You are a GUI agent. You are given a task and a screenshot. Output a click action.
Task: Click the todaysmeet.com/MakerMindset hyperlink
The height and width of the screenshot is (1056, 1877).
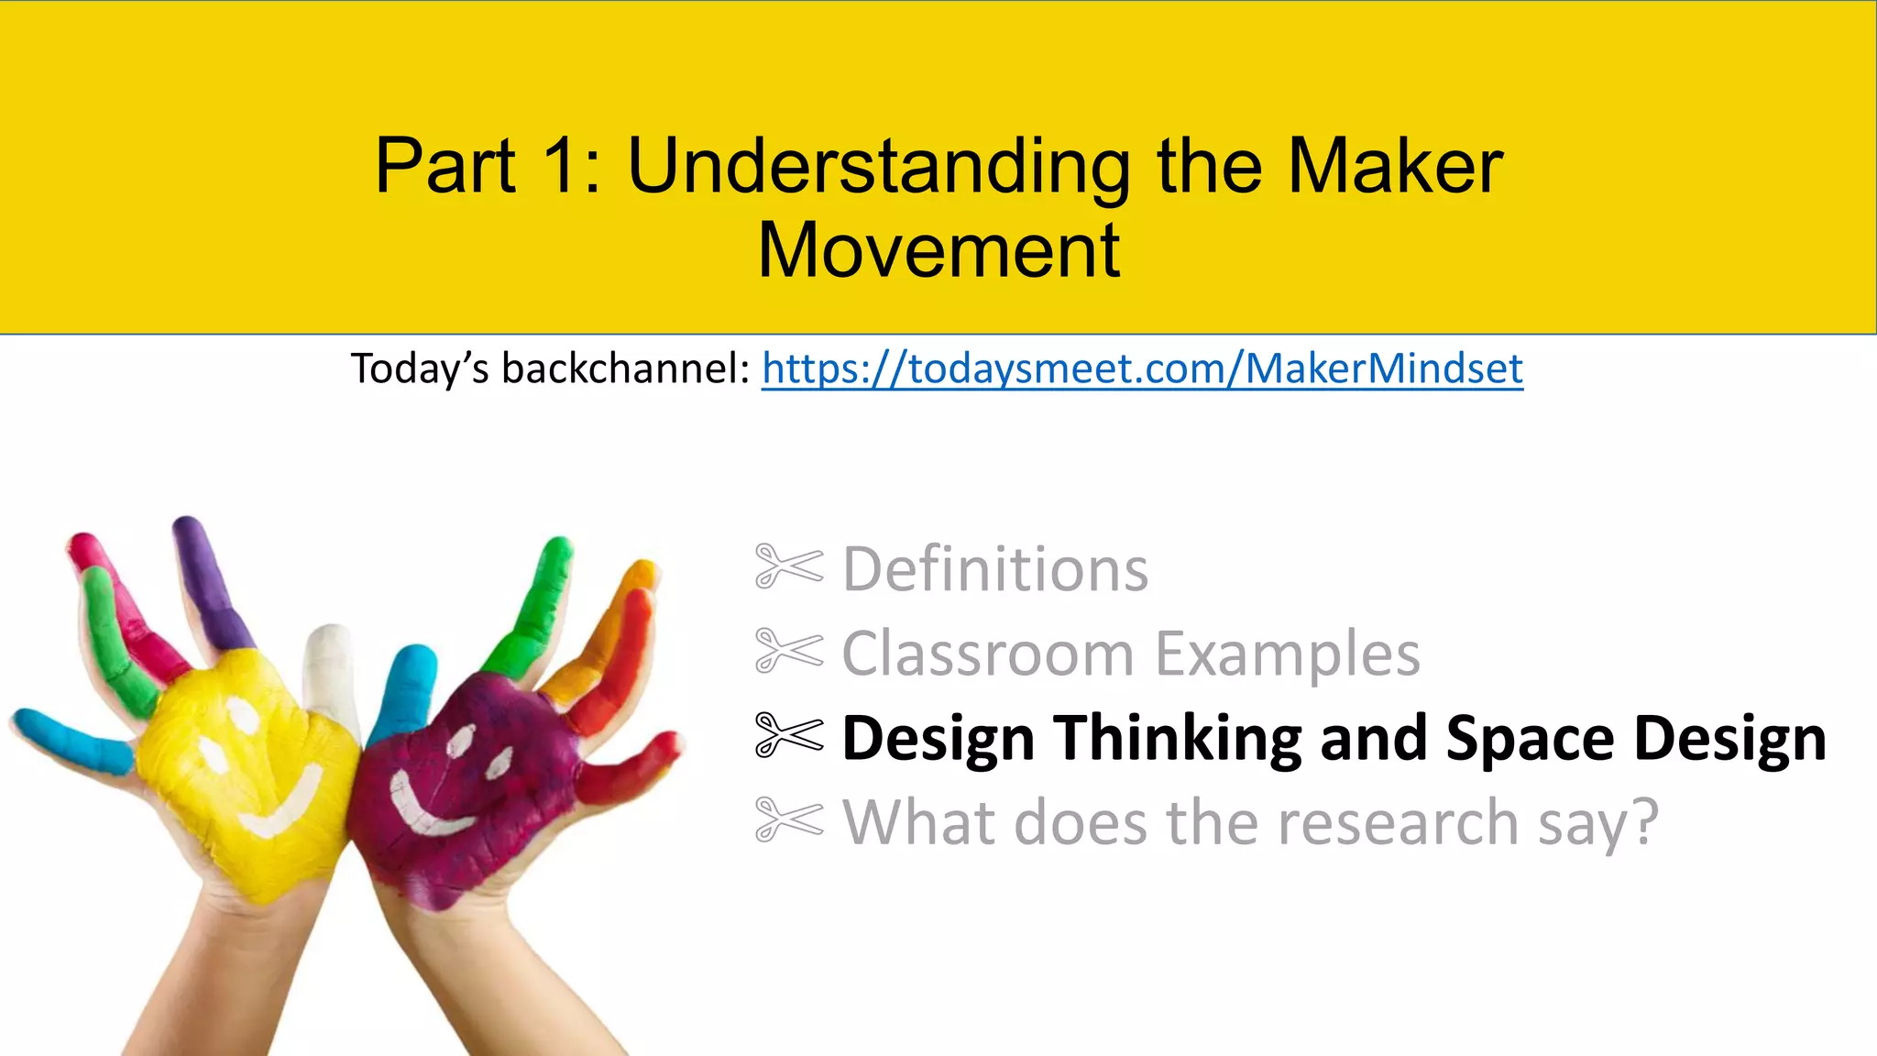1142,368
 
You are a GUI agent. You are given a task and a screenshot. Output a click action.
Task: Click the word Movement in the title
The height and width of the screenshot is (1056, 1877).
938,249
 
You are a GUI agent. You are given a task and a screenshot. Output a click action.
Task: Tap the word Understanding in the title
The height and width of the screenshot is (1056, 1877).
878,166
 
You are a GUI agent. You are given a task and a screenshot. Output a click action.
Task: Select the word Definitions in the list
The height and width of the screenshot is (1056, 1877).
994,569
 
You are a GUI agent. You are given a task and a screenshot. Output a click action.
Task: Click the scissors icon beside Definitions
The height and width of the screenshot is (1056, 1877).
788,566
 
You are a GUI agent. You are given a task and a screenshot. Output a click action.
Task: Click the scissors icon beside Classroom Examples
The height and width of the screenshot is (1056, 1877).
788,651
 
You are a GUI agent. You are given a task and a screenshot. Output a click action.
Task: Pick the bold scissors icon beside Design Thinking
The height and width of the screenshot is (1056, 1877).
788,735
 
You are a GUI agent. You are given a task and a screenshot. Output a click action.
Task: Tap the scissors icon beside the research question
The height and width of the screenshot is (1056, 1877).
788,819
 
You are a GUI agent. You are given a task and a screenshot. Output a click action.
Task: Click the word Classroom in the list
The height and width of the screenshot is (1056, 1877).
988,654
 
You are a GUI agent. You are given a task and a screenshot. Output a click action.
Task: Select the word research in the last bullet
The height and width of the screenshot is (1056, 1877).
1399,822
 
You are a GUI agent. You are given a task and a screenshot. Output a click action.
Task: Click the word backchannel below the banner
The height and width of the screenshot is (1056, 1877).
626,368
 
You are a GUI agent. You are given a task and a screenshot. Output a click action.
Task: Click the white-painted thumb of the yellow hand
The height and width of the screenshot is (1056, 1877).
330,669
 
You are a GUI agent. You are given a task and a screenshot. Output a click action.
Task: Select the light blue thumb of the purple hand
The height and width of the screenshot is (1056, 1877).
403,687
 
